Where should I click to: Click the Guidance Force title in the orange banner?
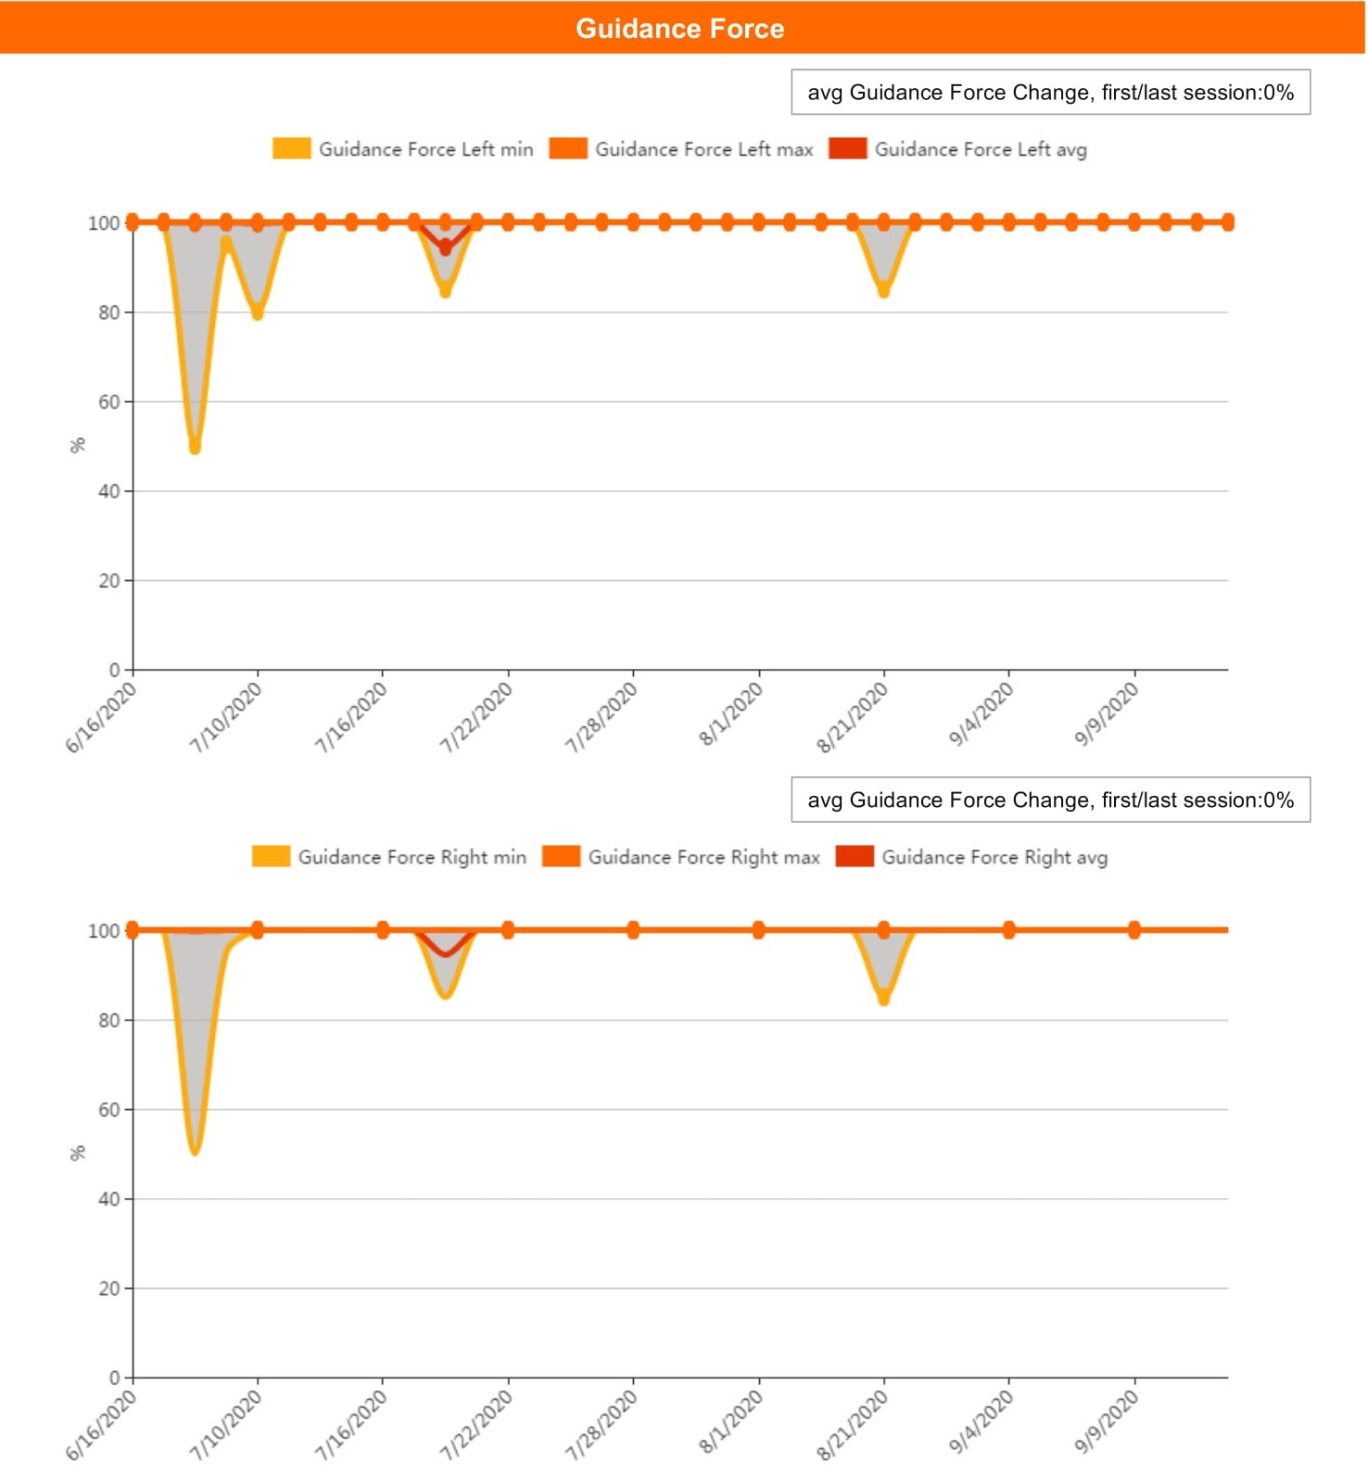pyautogui.click(x=679, y=29)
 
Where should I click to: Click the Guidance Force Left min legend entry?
pyautogui.click(x=403, y=149)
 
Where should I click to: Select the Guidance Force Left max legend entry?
pyautogui.click(x=681, y=149)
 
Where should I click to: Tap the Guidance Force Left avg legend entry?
pyautogui.click(x=958, y=149)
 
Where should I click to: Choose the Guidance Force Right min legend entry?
pyautogui.click(x=389, y=857)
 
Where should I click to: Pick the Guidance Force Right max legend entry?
pyautogui.click(x=681, y=857)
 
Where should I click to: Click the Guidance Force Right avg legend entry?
pyautogui.click(x=971, y=857)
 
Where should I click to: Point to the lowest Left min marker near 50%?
pyautogui.click(x=195, y=448)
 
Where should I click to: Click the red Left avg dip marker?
pyautogui.click(x=446, y=248)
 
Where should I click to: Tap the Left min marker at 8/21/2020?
pyautogui.click(x=884, y=291)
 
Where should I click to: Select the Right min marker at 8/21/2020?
pyautogui.click(x=884, y=999)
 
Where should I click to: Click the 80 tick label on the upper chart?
pyautogui.click(x=109, y=313)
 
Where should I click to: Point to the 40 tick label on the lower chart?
pyautogui.click(x=109, y=1199)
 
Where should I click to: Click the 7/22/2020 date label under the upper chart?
pyautogui.click(x=476, y=717)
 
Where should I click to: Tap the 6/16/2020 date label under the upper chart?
pyautogui.click(x=101, y=717)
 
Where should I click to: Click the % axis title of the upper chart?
pyautogui.click(x=78, y=446)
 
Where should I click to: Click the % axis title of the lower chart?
pyautogui.click(x=78, y=1154)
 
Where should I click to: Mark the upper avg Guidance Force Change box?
pyautogui.click(x=1050, y=93)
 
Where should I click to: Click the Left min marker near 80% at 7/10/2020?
pyautogui.click(x=258, y=313)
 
